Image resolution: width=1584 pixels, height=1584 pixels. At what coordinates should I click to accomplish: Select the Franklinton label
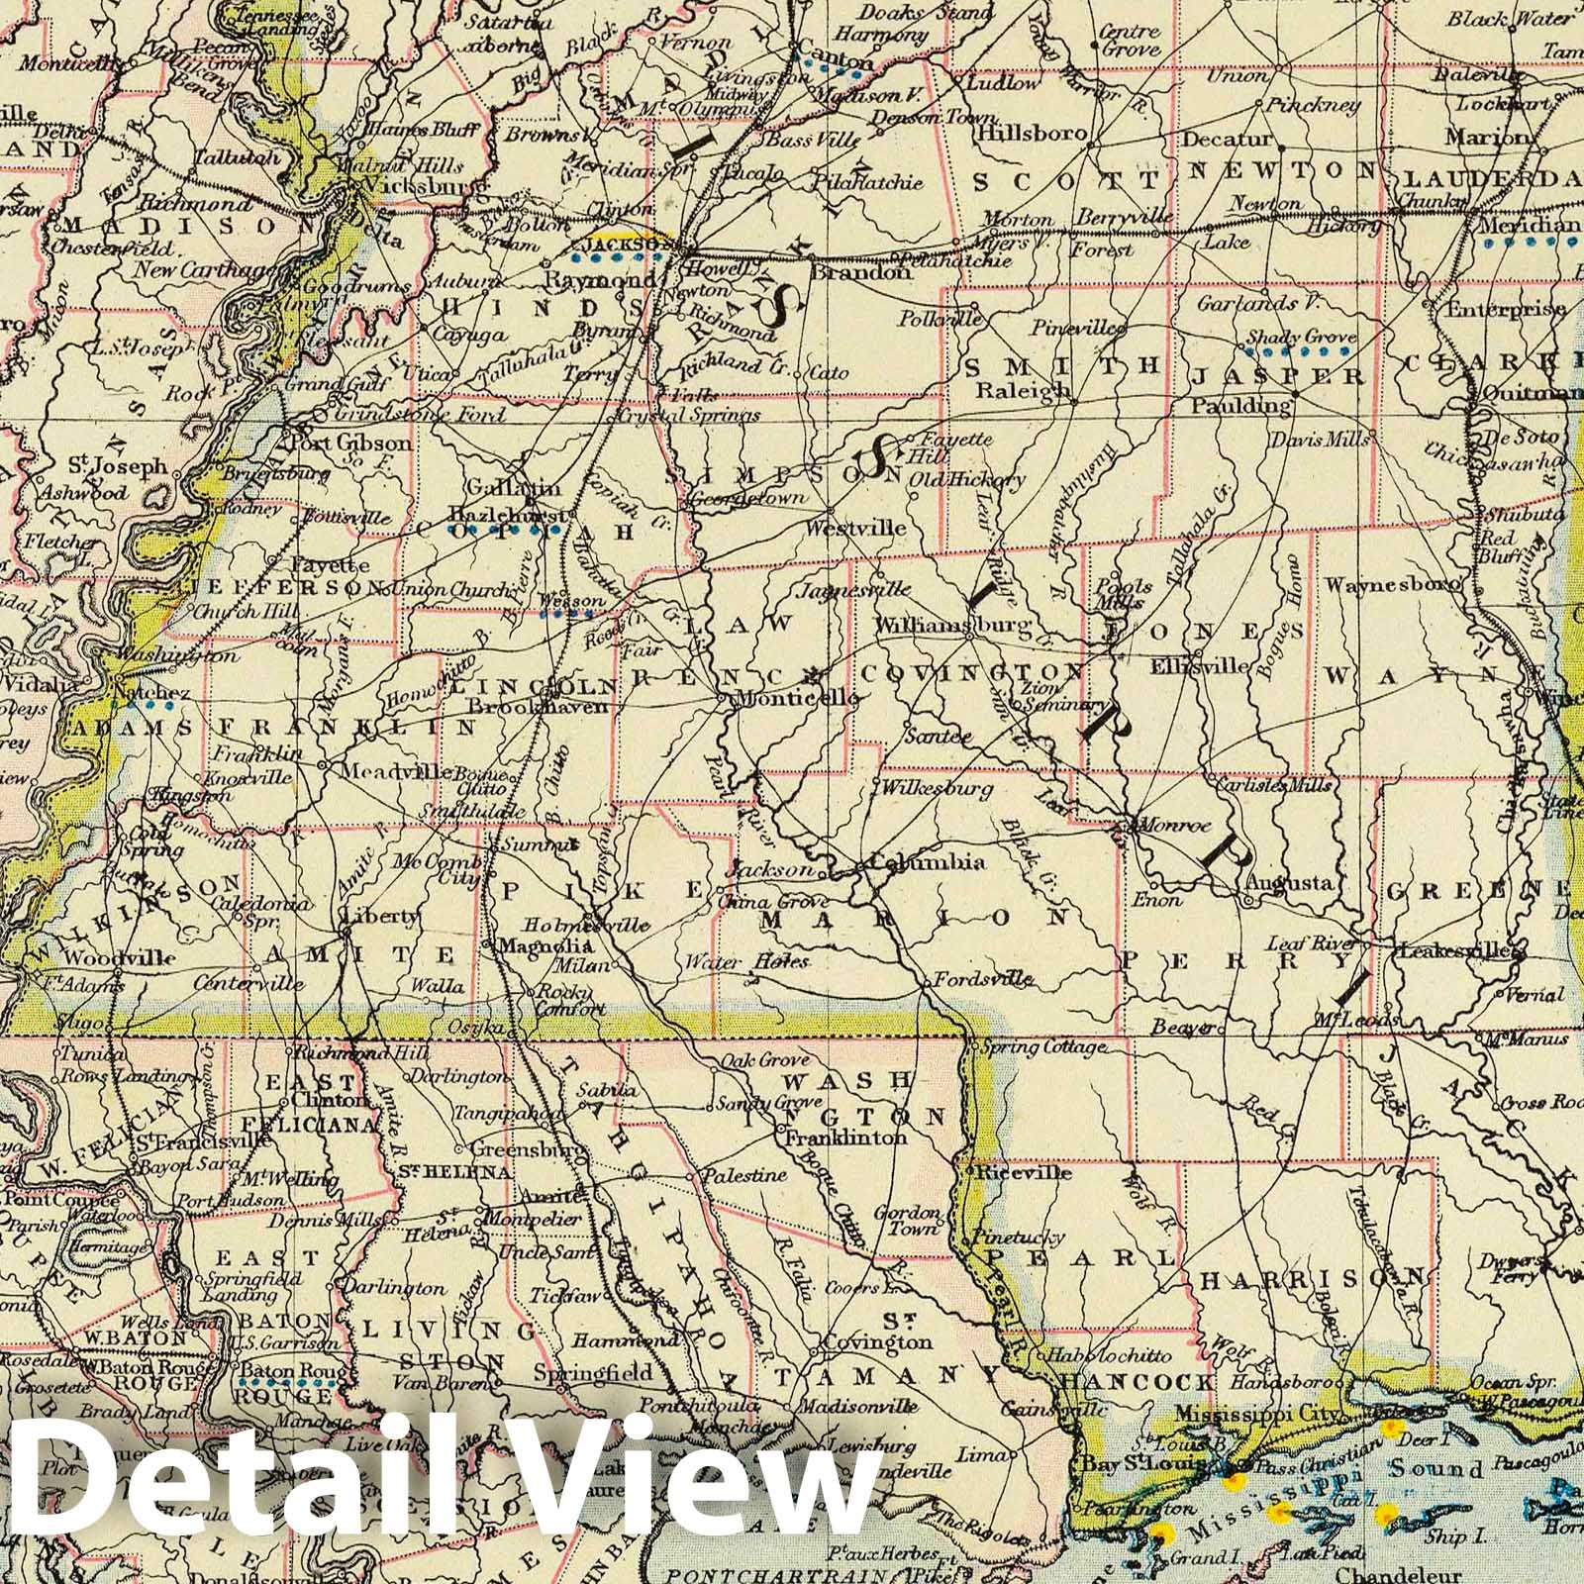point(845,1138)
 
